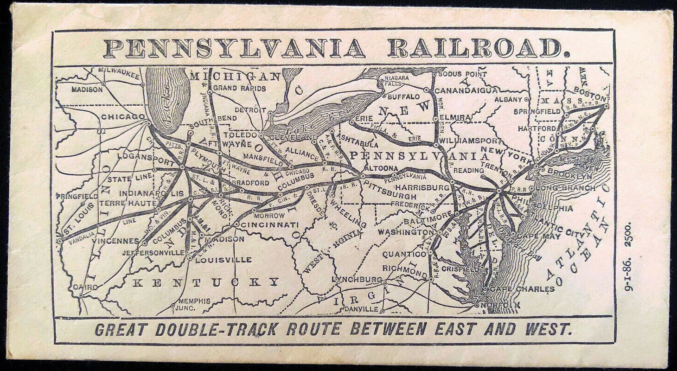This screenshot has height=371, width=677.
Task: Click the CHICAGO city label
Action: [123, 117]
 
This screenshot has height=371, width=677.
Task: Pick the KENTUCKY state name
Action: [206, 282]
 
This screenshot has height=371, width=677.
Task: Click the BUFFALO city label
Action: [403, 96]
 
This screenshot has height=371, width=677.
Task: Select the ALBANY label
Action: [508, 99]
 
